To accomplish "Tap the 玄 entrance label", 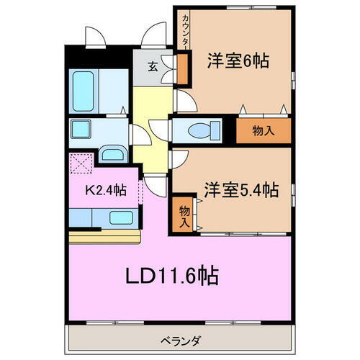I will (153, 67).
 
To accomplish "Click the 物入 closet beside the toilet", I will (264, 130).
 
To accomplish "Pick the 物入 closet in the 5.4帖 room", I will (184, 215).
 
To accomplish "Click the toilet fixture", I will (198, 130).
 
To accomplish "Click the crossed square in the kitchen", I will (81, 165).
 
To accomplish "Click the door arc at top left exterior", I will (94, 36).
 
